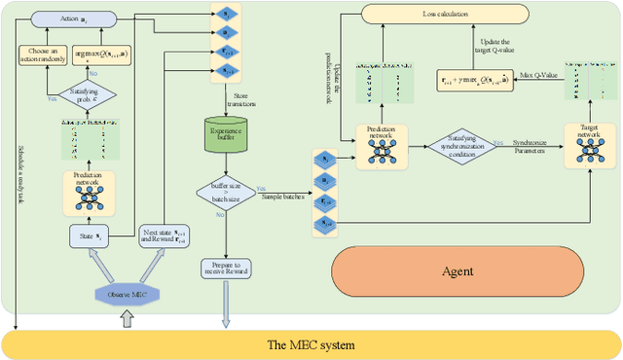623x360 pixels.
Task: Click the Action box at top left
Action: click(72, 19)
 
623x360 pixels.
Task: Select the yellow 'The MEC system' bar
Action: click(311, 344)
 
